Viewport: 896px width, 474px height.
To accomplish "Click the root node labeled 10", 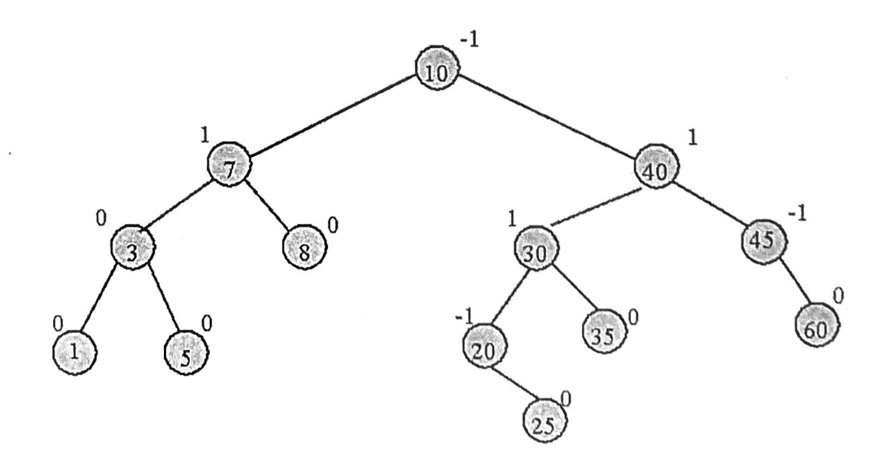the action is (x=437, y=68).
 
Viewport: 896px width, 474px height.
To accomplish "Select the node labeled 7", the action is (x=230, y=164).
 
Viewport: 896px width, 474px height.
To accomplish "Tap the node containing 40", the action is (x=656, y=166).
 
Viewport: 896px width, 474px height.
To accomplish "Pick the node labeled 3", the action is (x=133, y=248).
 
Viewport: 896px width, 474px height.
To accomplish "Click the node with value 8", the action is (x=305, y=247).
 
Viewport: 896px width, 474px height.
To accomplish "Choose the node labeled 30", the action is (x=536, y=248).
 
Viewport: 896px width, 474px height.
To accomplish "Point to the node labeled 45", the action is (x=764, y=242).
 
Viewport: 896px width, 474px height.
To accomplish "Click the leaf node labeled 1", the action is (x=75, y=353).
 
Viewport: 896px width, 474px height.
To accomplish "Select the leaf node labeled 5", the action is (x=186, y=353).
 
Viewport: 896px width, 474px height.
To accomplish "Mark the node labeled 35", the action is (x=604, y=332).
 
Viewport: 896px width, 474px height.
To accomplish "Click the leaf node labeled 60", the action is (x=816, y=325).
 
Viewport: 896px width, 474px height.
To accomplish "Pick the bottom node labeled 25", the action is (x=545, y=420).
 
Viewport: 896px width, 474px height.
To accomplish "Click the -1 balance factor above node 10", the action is (x=469, y=40).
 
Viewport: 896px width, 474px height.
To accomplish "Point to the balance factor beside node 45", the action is (x=798, y=214).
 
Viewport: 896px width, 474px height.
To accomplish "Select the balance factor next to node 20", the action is (x=464, y=318).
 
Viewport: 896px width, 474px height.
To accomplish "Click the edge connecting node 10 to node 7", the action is (x=333, y=116).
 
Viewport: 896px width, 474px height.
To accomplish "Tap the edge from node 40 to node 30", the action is (x=596, y=207).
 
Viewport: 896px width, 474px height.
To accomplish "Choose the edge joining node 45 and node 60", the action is (x=796, y=282).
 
